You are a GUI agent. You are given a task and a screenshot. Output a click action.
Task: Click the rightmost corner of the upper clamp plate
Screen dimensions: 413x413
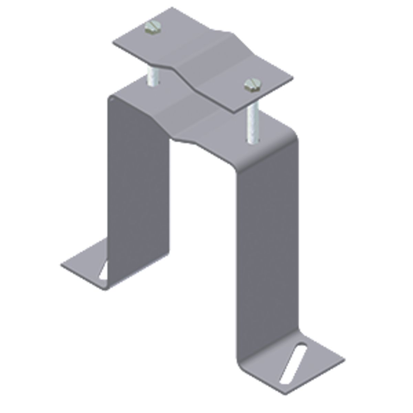pyautogui.click(x=293, y=78)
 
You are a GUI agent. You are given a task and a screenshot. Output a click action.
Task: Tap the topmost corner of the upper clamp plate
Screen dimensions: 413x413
pyautogui.click(x=172, y=7)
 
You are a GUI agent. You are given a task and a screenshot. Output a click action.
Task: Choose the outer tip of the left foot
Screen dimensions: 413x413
pyautogui.click(x=62, y=265)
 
